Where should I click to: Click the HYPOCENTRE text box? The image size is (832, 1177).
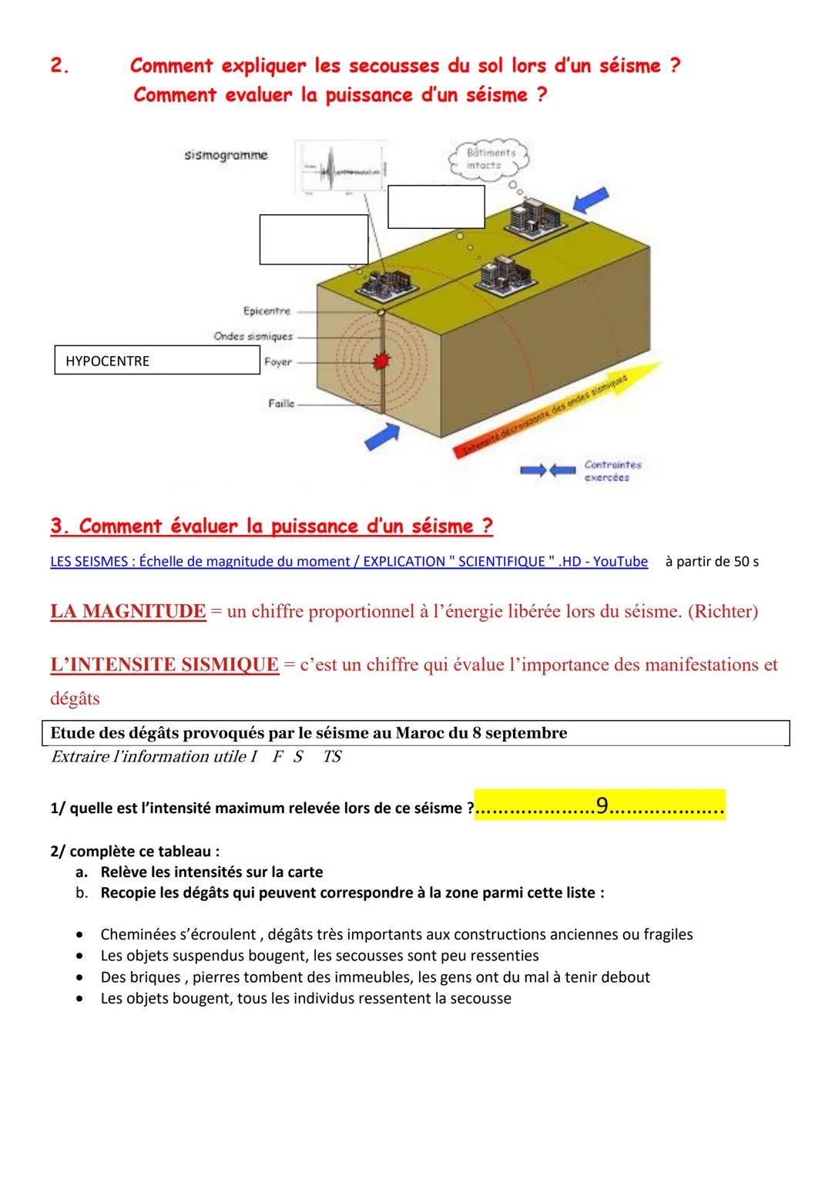pyautogui.click(x=157, y=361)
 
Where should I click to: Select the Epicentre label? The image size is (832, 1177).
pyautogui.click(x=267, y=311)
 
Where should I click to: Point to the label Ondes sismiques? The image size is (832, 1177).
pyautogui.click(x=253, y=337)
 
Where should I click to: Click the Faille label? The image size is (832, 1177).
pyautogui.click(x=281, y=403)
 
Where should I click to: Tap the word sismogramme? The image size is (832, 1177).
pyautogui.click(x=226, y=156)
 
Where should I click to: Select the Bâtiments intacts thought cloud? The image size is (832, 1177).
pyautogui.click(x=490, y=159)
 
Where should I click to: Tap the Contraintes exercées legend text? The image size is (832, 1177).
pyautogui.click(x=612, y=471)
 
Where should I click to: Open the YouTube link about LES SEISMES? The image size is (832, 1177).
pyautogui.click(x=349, y=562)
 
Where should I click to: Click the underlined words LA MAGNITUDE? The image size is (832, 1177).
pyautogui.click(x=128, y=612)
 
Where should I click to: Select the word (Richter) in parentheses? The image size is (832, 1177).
pyautogui.click(x=722, y=612)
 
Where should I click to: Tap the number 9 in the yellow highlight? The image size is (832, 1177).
pyautogui.click(x=602, y=805)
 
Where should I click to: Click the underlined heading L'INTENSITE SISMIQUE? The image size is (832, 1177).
pyautogui.click(x=164, y=665)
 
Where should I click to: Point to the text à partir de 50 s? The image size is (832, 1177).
pyautogui.click(x=711, y=562)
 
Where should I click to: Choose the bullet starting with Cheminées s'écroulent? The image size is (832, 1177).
pyautogui.click(x=396, y=935)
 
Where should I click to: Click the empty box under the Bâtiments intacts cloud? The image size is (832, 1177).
pyautogui.click(x=436, y=207)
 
